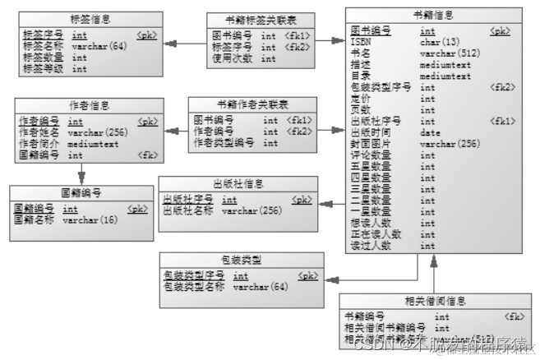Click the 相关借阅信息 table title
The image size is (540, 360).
(x=436, y=301)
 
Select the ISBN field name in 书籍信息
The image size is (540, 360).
(x=361, y=42)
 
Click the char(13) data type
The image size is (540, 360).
(x=439, y=42)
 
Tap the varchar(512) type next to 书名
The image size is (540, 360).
(x=450, y=53)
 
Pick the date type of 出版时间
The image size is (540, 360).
(x=430, y=132)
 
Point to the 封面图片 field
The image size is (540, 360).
(x=369, y=144)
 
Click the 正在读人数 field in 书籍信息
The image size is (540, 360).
(x=375, y=234)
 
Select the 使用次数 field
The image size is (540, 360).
(x=229, y=59)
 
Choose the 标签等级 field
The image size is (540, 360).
(x=44, y=69)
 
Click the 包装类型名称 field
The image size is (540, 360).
(x=195, y=287)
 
